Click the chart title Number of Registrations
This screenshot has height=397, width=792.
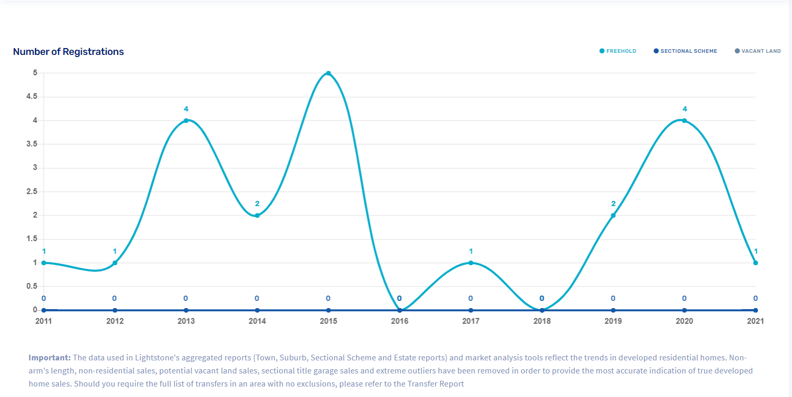pyautogui.click(x=68, y=52)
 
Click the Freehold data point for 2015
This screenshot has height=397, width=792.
pyautogui.click(x=328, y=73)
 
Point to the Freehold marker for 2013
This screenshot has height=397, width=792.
pyautogui.click(x=186, y=121)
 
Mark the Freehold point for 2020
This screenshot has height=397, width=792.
pyautogui.click(x=684, y=121)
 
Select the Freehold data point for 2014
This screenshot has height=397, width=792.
pyautogui.click(x=257, y=215)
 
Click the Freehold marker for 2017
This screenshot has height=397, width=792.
pyautogui.click(x=471, y=263)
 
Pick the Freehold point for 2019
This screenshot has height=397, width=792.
pyautogui.click(x=613, y=215)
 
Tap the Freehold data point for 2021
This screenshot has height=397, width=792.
pyautogui.click(x=755, y=263)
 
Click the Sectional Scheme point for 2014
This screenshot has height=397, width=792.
pyautogui.click(x=257, y=310)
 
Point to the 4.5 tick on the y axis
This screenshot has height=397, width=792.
pyautogui.click(x=32, y=97)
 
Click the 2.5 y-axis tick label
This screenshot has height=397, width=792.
pyautogui.click(x=32, y=191)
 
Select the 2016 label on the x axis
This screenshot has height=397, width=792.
pyautogui.click(x=399, y=321)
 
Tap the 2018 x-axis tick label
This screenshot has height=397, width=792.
pyautogui.click(x=542, y=321)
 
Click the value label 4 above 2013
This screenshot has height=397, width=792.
pyautogui.click(x=186, y=109)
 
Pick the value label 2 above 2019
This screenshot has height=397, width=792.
pyautogui.click(x=613, y=204)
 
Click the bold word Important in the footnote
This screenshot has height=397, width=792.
pyautogui.click(x=50, y=358)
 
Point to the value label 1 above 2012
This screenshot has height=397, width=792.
pyautogui.click(x=115, y=251)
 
